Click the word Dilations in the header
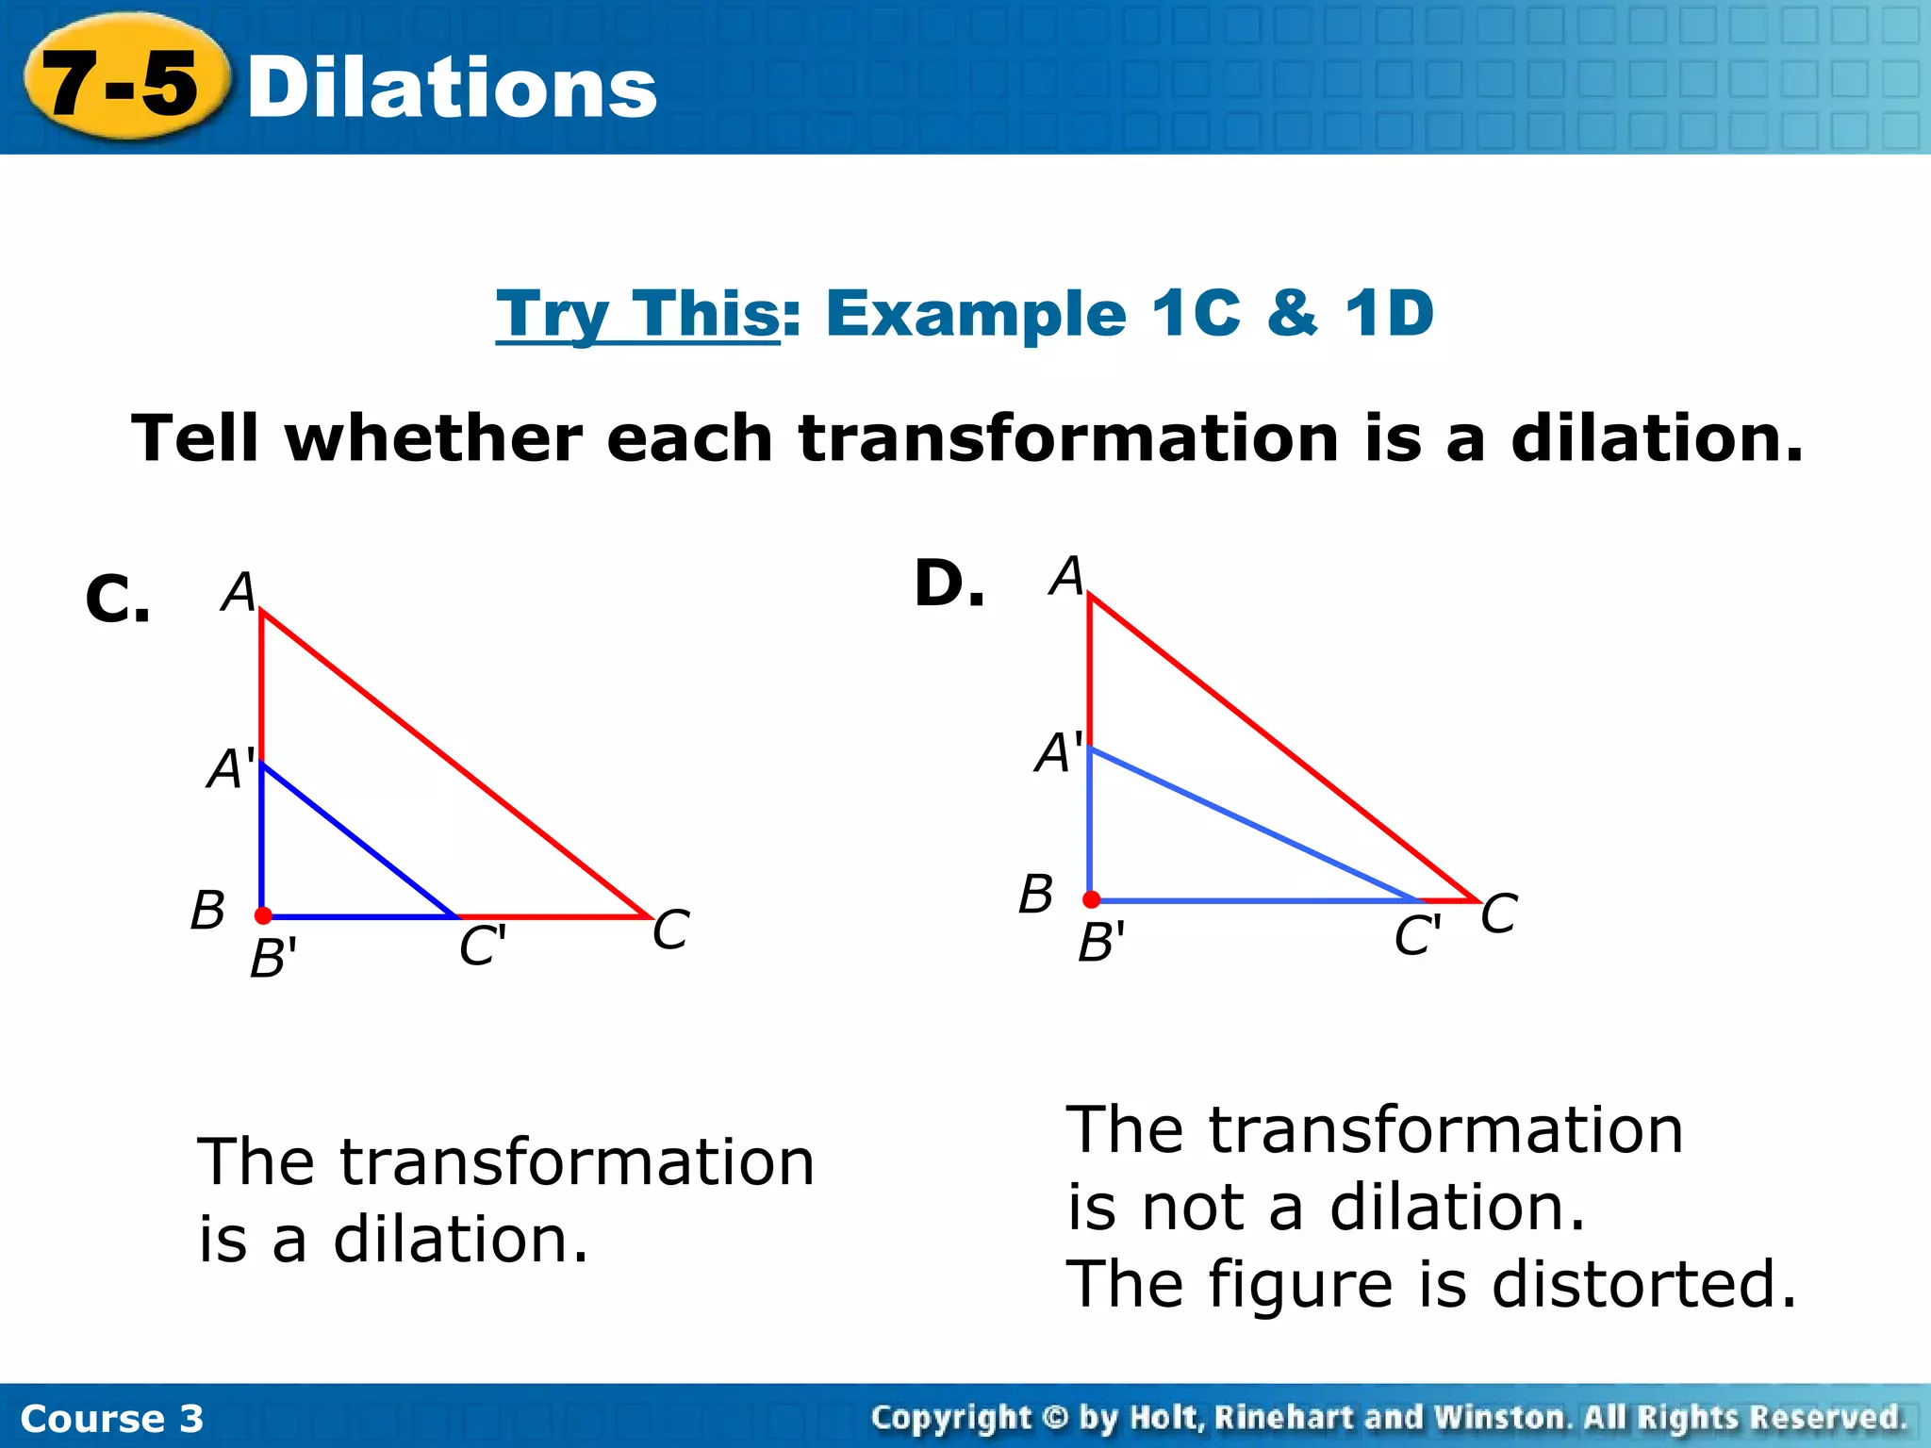click(452, 89)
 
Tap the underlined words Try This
click(637, 314)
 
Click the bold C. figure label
click(117, 600)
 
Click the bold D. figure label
click(949, 584)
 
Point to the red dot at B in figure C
click(263, 915)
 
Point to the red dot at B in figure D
click(1091, 899)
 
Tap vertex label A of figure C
click(239, 592)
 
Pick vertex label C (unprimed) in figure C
click(670, 930)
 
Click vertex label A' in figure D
click(1059, 752)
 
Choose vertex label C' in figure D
click(1417, 936)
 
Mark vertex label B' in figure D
click(1100, 942)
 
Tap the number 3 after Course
click(191, 1419)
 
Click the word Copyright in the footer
click(949, 1417)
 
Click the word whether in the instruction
click(434, 439)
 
